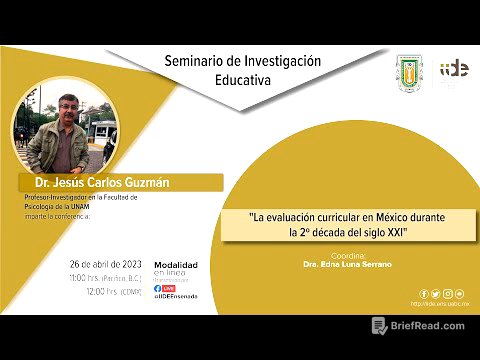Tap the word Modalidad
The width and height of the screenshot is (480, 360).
pos(175,264)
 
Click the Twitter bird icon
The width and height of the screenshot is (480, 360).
pos(436,294)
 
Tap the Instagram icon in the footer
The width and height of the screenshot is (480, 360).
pos(448,294)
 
